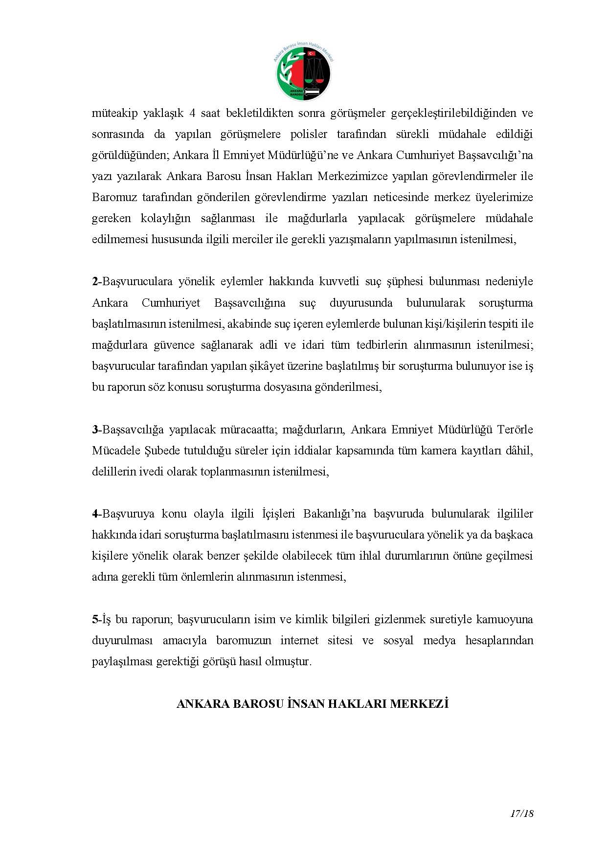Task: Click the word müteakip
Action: pos(112,113)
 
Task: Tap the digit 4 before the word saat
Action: pos(192,113)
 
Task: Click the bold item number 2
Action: pos(95,282)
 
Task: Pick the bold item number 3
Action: pos(95,429)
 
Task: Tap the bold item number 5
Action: pos(95,619)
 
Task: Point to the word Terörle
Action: pos(515,429)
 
